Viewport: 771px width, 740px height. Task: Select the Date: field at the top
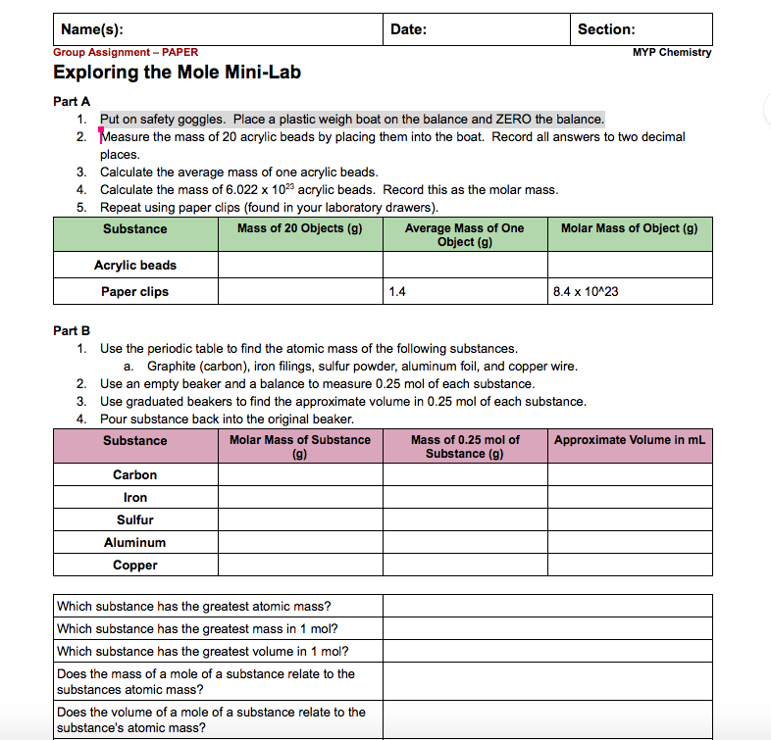click(x=408, y=29)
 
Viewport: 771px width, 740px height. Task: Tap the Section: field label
click(x=605, y=29)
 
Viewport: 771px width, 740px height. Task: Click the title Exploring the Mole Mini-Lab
click(x=177, y=73)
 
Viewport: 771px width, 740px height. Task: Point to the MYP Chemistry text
click(x=672, y=52)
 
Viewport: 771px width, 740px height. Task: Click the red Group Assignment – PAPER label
click(x=125, y=52)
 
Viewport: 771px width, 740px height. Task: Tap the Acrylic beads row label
click(x=135, y=266)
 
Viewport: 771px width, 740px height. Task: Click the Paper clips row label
click(x=135, y=292)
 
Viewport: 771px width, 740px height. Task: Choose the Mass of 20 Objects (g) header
click(x=300, y=228)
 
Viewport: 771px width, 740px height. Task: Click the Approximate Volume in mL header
click(x=629, y=440)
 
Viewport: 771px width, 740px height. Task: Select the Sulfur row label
click(x=135, y=520)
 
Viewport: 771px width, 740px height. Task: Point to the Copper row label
click(x=135, y=566)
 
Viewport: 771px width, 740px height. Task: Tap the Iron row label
click(x=135, y=498)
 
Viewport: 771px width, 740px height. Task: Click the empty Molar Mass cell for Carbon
click(x=300, y=475)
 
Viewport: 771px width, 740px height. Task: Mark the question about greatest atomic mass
click(x=194, y=607)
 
